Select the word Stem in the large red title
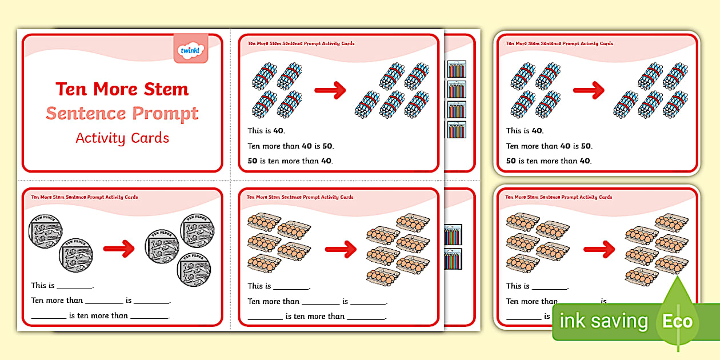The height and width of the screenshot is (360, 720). (x=166, y=90)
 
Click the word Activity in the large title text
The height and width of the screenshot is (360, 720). (x=98, y=138)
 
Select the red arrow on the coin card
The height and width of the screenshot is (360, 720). (x=118, y=248)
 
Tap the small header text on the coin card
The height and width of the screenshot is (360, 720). (x=85, y=197)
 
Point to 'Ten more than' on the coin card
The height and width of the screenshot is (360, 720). (x=57, y=301)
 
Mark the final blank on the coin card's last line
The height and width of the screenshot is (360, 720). (x=150, y=316)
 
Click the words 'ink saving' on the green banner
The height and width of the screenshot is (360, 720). (x=603, y=321)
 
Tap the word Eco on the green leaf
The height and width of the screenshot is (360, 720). (x=677, y=321)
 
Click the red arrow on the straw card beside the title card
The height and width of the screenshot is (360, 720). (x=330, y=89)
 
